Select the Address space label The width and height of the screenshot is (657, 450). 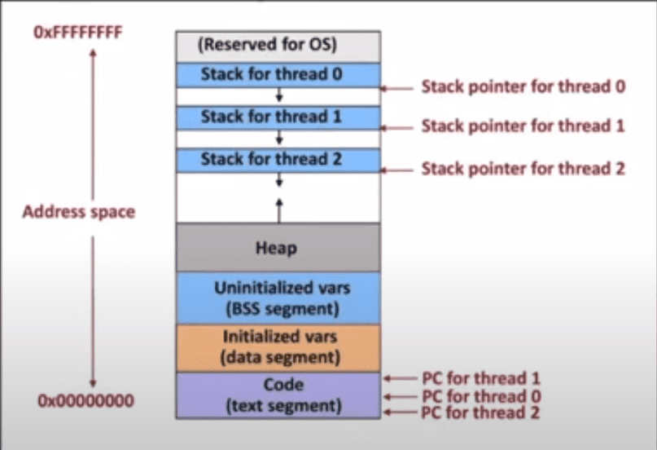tap(79, 212)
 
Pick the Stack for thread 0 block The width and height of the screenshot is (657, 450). tap(278, 74)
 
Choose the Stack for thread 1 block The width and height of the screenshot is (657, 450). tap(278, 117)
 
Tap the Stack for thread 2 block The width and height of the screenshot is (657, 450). tap(278, 158)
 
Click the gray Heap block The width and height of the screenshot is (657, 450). tap(278, 247)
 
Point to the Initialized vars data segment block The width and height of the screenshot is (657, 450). tap(278, 346)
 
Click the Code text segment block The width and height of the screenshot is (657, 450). tap(278, 395)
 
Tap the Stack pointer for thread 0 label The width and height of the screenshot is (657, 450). tap(523, 86)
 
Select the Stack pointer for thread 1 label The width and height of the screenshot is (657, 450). tap(523, 126)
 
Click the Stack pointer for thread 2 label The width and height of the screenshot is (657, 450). tap(523, 169)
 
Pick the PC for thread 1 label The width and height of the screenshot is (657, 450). tap(481, 378)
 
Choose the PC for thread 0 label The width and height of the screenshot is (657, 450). tap(481, 397)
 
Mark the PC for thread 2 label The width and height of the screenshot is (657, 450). tap(481, 412)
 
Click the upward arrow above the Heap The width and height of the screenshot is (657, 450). tap(278, 209)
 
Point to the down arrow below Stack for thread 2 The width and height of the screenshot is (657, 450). tap(278, 179)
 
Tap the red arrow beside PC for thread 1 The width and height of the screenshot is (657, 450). tap(399, 378)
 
